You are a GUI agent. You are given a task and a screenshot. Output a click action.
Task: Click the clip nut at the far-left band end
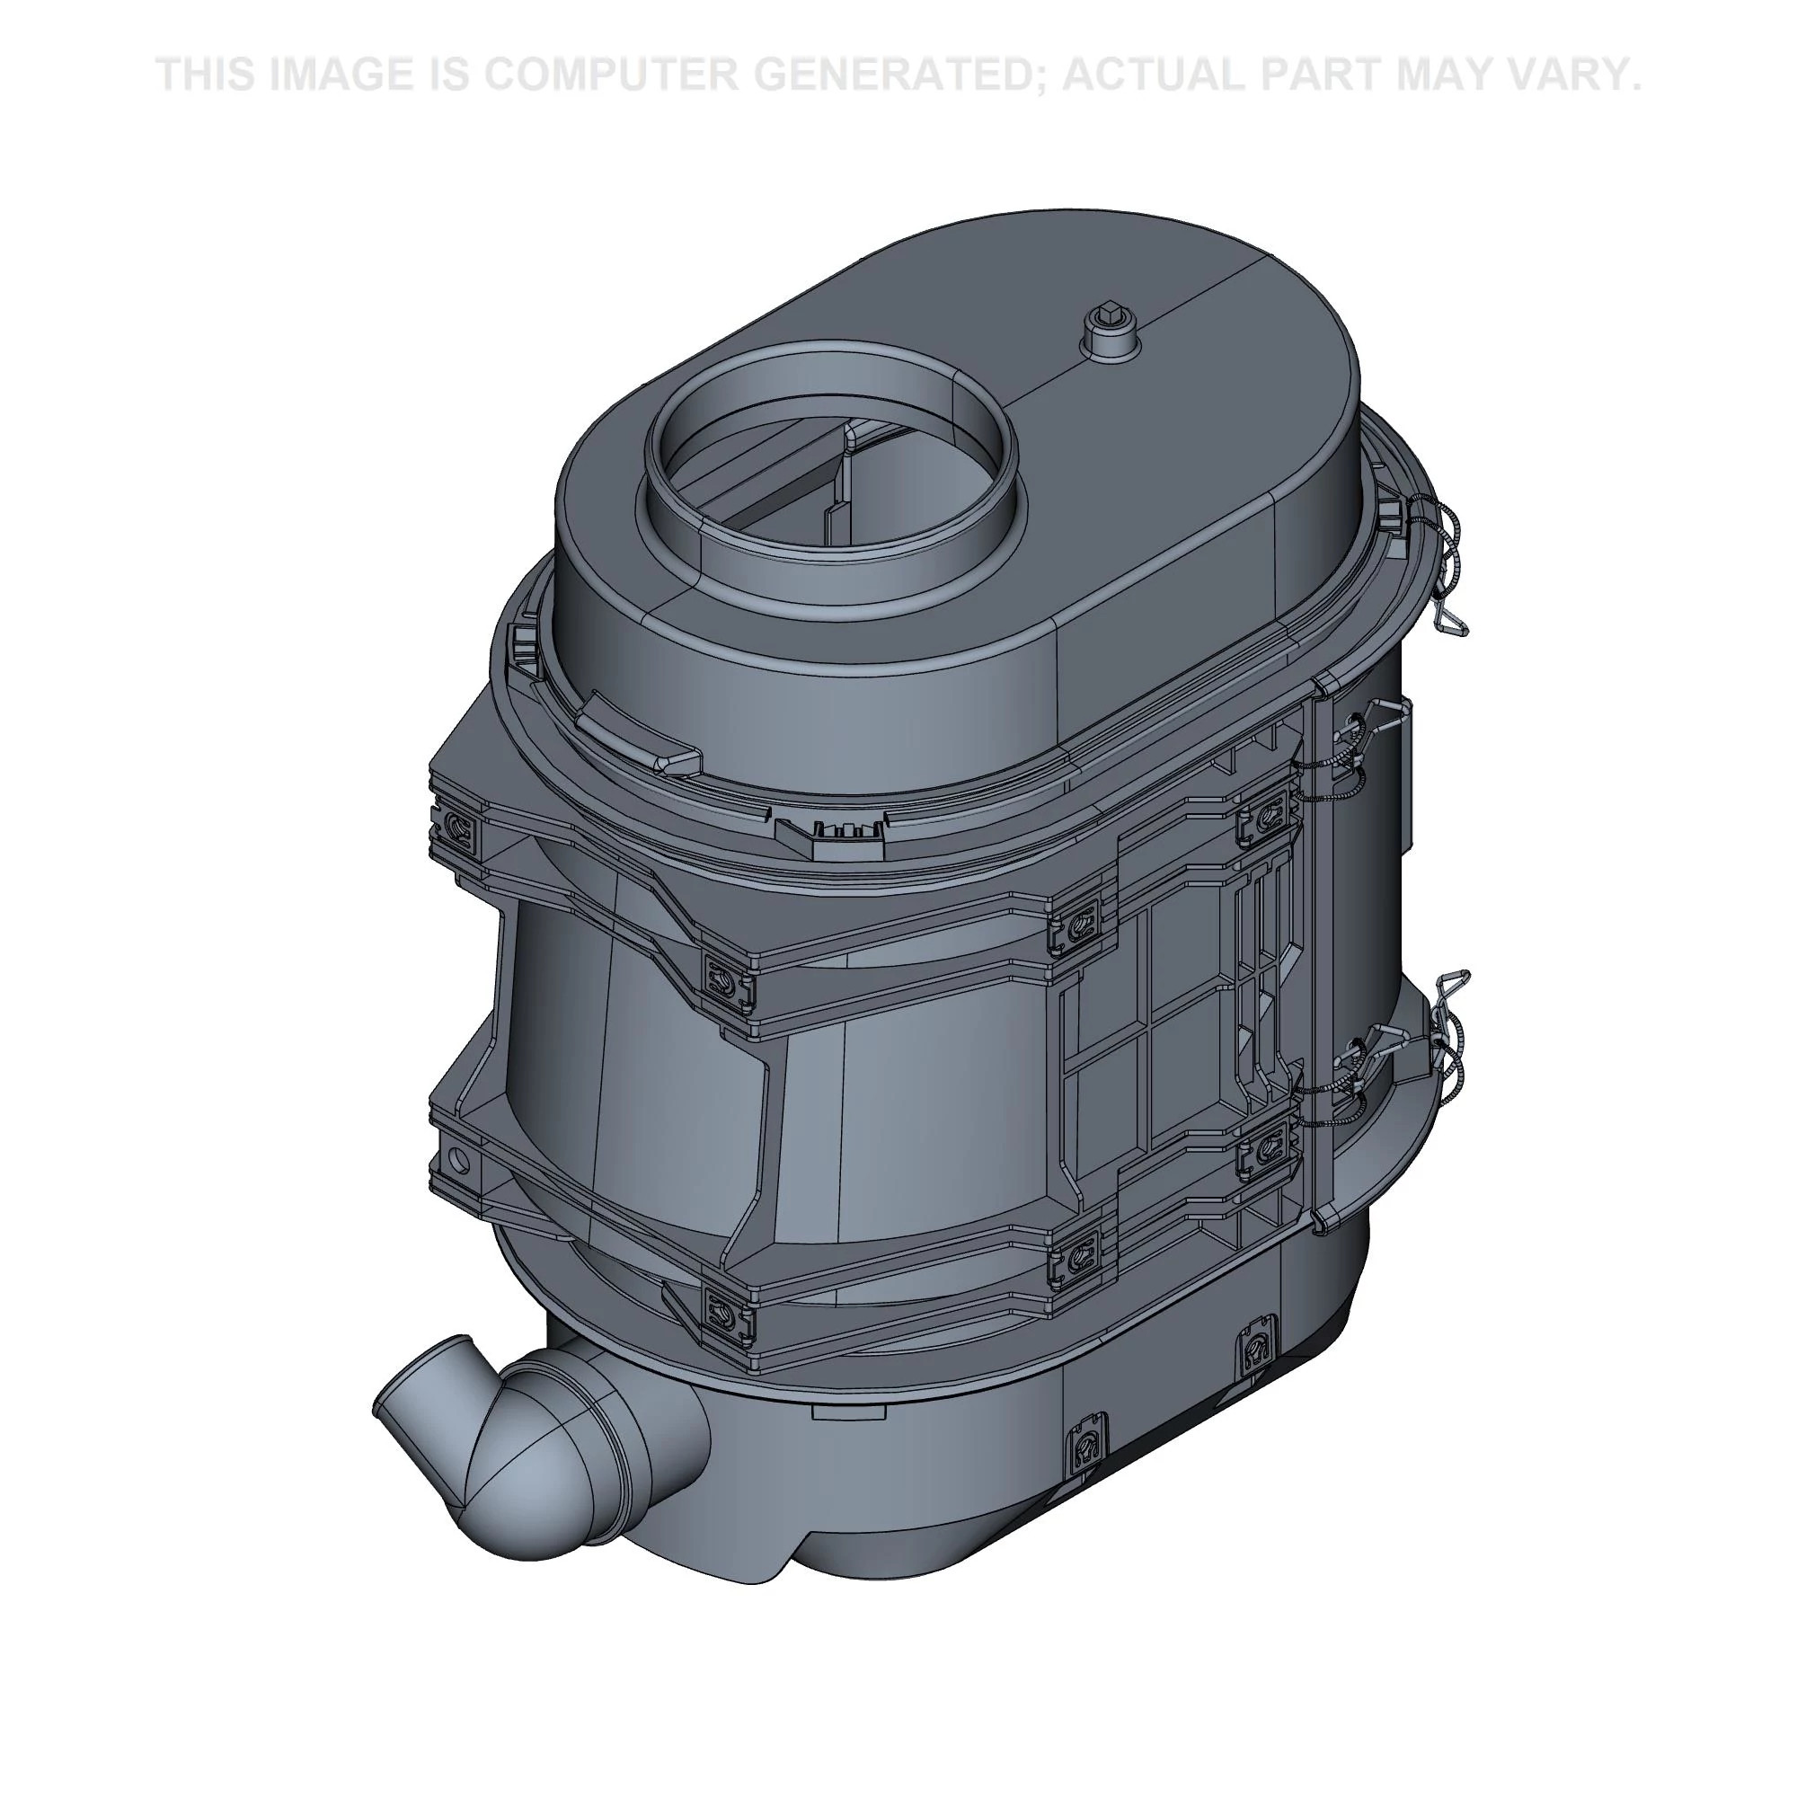click(x=458, y=825)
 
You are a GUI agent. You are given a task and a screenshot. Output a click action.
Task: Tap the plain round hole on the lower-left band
click(x=456, y=1157)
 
